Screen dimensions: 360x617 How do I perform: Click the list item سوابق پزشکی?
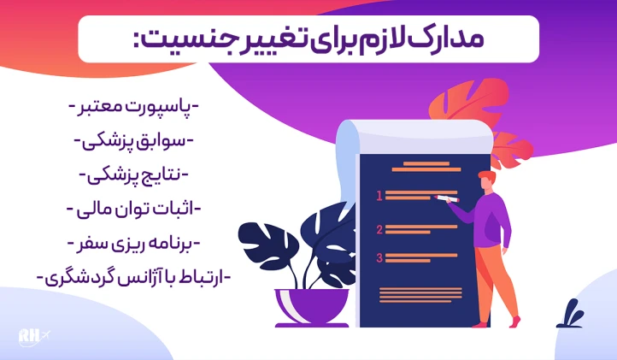click(x=133, y=141)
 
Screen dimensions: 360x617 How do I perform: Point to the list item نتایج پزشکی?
click(x=133, y=175)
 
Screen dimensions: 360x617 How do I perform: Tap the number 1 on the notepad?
click(x=379, y=196)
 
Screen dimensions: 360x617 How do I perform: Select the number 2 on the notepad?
click(x=379, y=228)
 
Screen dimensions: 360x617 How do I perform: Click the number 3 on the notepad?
click(x=379, y=257)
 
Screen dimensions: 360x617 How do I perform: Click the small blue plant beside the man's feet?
click(x=569, y=315)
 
